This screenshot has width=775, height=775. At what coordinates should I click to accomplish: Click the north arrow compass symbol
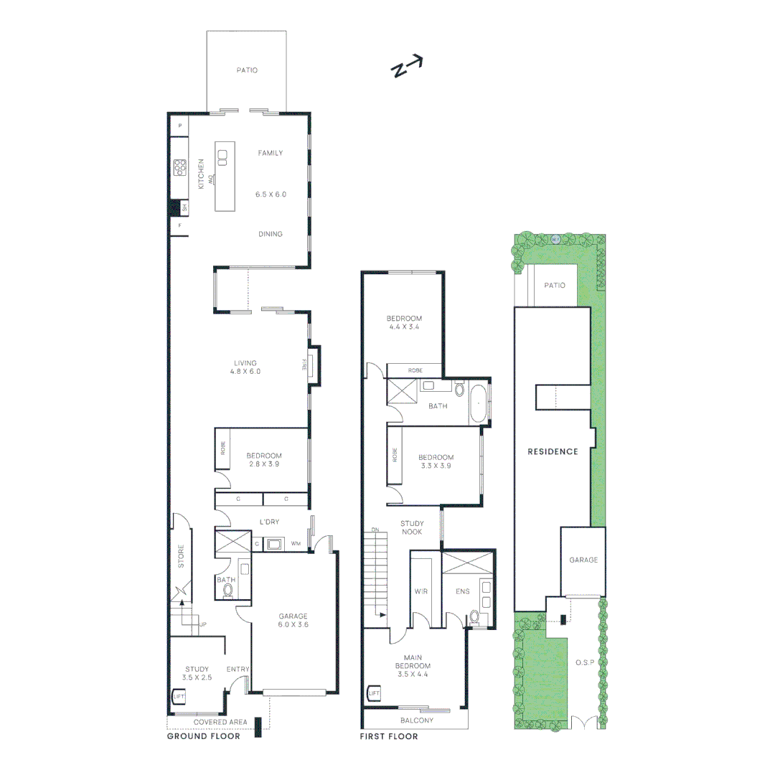(x=407, y=67)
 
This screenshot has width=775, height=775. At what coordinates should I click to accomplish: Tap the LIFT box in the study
(x=179, y=696)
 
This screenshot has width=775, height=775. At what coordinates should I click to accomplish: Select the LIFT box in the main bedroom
(x=373, y=694)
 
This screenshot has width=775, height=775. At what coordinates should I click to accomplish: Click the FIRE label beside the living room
(x=304, y=365)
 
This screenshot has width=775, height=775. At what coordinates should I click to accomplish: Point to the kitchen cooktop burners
(x=179, y=168)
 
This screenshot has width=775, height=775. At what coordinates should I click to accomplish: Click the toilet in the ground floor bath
(x=229, y=591)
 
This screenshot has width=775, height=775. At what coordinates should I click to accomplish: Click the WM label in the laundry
(x=296, y=545)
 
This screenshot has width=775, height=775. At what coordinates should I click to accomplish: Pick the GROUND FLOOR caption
(x=203, y=736)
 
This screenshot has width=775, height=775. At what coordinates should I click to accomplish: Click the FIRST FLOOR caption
(x=389, y=736)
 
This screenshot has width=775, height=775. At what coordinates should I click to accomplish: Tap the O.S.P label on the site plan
(x=585, y=662)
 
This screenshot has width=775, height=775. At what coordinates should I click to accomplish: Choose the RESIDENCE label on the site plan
(x=553, y=451)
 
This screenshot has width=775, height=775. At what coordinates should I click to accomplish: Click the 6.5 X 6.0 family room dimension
(x=271, y=194)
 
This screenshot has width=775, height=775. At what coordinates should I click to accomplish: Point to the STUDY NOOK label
(x=412, y=527)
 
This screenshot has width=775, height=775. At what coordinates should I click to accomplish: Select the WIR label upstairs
(x=421, y=592)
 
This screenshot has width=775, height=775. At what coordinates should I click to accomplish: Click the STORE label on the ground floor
(x=181, y=557)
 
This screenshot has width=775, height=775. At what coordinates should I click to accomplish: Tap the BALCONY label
(x=416, y=720)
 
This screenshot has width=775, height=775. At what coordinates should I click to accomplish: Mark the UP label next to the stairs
(x=203, y=625)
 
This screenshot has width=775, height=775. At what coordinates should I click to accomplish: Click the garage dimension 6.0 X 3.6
(x=293, y=625)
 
